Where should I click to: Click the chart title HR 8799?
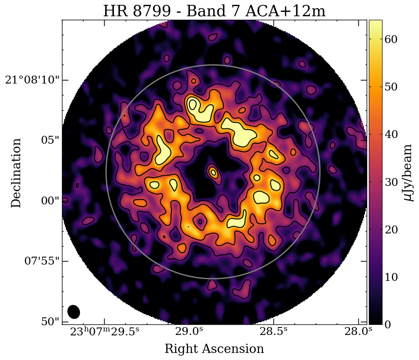click(214, 11)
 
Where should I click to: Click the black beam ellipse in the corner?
click(74, 312)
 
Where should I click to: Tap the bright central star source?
click(213, 172)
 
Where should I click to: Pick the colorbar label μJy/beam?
click(408, 172)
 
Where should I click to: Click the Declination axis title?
click(16, 173)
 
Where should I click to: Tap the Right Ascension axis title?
click(214, 349)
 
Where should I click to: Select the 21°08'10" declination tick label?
click(32, 80)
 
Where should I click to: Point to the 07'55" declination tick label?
click(41, 261)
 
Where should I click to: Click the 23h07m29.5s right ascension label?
click(104, 331)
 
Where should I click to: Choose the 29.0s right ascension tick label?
click(189, 331)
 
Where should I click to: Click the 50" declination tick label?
click(50, 321)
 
